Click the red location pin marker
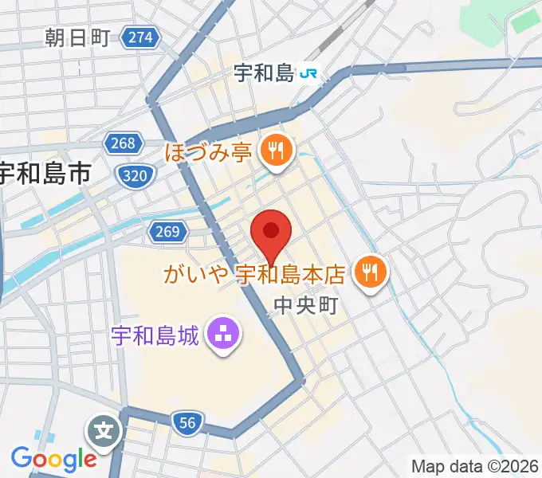tap(271, 233)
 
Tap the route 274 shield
tap(141, 37)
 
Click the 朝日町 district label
tap(77, 37)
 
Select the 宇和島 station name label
tap(264, 74)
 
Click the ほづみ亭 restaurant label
tap(209, 151)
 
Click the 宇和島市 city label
tap(45, 173)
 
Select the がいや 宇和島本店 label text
tap(253, 275)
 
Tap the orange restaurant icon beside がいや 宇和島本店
tap(369, 273)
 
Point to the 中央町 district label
tap(306, 305)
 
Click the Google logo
tap(53, 458)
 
